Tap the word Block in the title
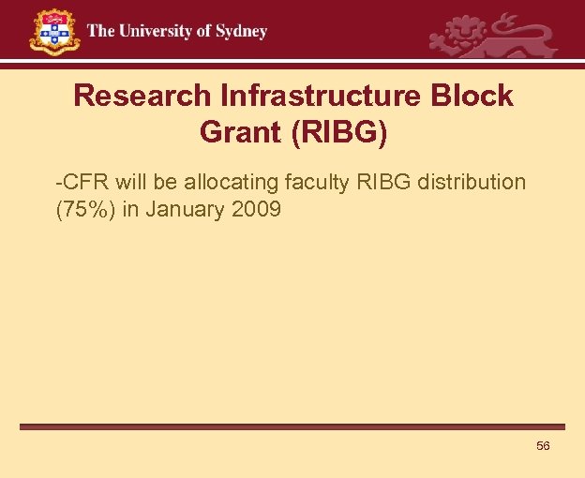tap(473, 96)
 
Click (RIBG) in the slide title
tap(339, 132)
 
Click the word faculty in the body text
tap(318, 182)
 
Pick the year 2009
tap(255, 209)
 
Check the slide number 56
tap(543, 446)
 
